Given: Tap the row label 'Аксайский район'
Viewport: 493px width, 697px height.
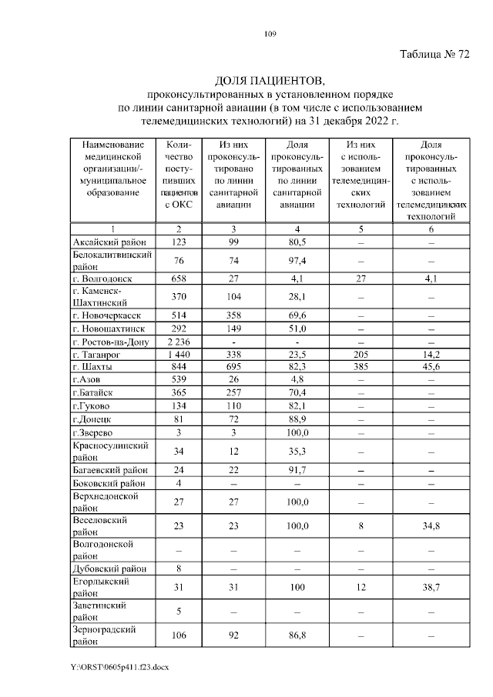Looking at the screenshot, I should coord(105,242).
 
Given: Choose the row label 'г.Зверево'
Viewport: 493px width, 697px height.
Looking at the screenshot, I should coord(94,433).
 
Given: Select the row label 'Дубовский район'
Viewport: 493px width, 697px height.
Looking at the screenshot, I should coord(108,569).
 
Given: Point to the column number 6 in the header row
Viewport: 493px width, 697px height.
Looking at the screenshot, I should coord(431,229).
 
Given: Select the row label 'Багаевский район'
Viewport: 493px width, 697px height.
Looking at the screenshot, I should coord(107,469).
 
